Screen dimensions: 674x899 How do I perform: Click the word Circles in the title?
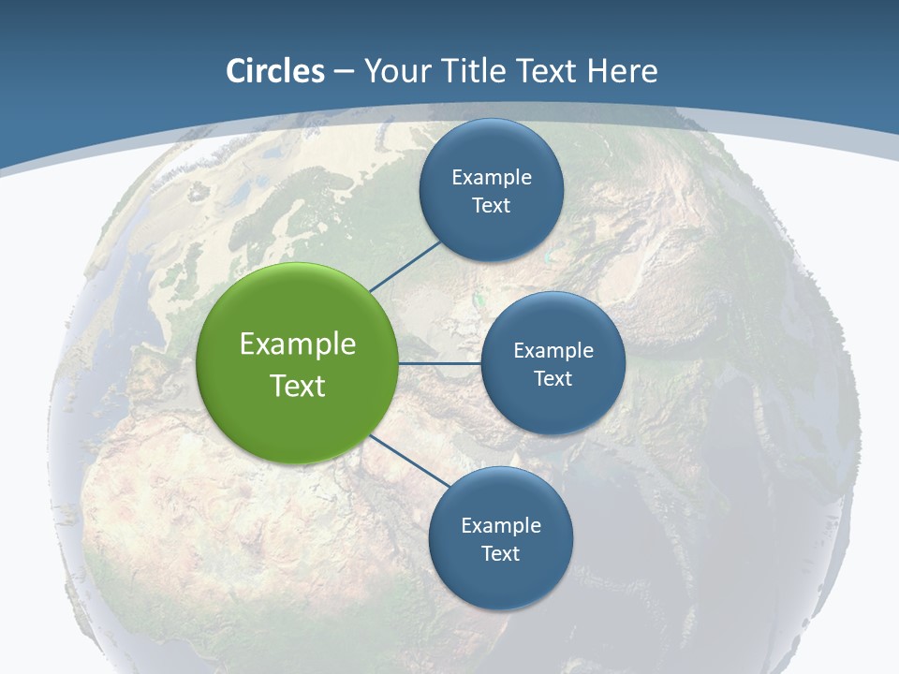click(x=274, y=71)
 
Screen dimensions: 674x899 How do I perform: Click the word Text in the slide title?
click(x=548, y=71)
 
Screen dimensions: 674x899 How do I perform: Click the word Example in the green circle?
click(x=298, y=344)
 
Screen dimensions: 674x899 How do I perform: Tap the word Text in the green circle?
click(x=298, y=386)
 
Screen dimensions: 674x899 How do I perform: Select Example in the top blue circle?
click(x=492, y=177)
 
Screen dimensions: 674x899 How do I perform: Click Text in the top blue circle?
click(x=491, y=205)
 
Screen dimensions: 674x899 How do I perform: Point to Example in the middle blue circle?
click(x=553, y=350)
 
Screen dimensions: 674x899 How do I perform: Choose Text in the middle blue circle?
click(x=553, y=378)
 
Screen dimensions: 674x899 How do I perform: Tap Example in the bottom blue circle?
click(x=501, y=525)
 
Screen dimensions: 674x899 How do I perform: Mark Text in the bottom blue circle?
click(x=500, y=553)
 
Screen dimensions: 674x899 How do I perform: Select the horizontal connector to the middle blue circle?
click(x=440, y=363)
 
